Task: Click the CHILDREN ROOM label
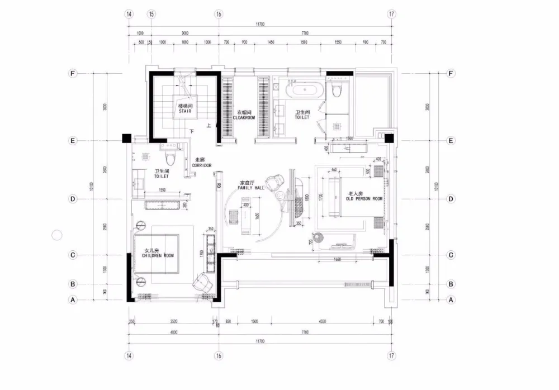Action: click(158, 255)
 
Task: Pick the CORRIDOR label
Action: click(201, 166)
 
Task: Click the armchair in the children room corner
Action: click(202, 282)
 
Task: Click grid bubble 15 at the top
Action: click(151, 14)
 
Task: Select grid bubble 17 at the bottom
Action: click(391, 355)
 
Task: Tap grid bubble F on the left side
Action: click(72, 73)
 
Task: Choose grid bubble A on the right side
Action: click(451, 300)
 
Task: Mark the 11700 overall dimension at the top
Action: click(260, 24)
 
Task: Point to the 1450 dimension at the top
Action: click(271, 42)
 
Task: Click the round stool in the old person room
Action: click(319, 238)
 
